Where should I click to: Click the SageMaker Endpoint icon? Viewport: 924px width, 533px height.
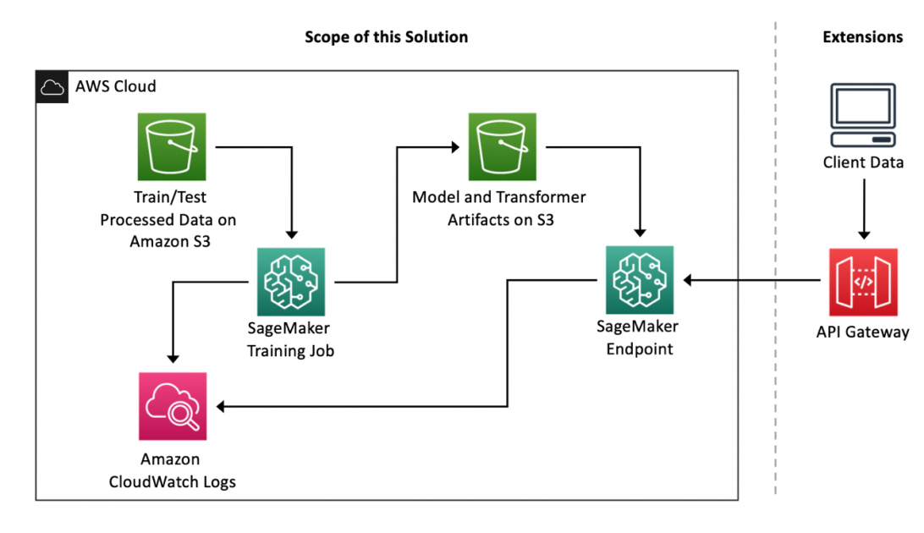pos(640,280)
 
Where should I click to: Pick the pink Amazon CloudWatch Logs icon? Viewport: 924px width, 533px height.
pos(172,407)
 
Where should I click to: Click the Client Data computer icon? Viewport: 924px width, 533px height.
pos(863,115)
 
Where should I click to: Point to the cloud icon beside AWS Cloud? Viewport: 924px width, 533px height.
pos(52,87)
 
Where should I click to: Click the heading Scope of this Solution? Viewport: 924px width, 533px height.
pos(386,37)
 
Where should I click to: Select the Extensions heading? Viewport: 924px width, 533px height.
pos(862,37)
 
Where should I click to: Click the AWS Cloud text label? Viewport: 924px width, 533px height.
pos(116,87)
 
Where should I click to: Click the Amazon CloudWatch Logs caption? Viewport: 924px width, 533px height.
pos(172,471)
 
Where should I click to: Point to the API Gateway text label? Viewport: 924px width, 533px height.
pos(862,332)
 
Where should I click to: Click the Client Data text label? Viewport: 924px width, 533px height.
pos(863,162)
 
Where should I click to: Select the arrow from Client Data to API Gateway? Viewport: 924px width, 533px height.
pos(863,208)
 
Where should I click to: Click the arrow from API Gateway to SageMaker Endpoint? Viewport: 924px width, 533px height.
pos(753,280)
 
